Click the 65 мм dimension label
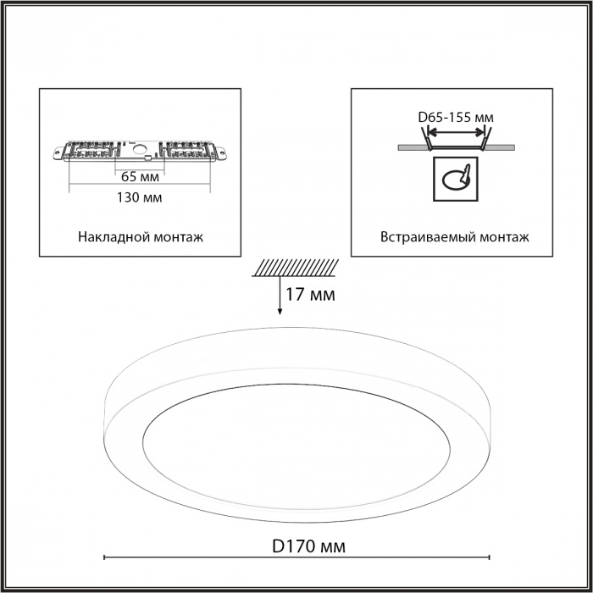coord(140,176)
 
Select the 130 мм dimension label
coord(139,197)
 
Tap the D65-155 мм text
coord(456,118)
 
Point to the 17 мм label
coord(310,295)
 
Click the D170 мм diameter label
coord(308,546)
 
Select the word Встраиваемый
coord(428,237)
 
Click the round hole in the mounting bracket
coord(139,149)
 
